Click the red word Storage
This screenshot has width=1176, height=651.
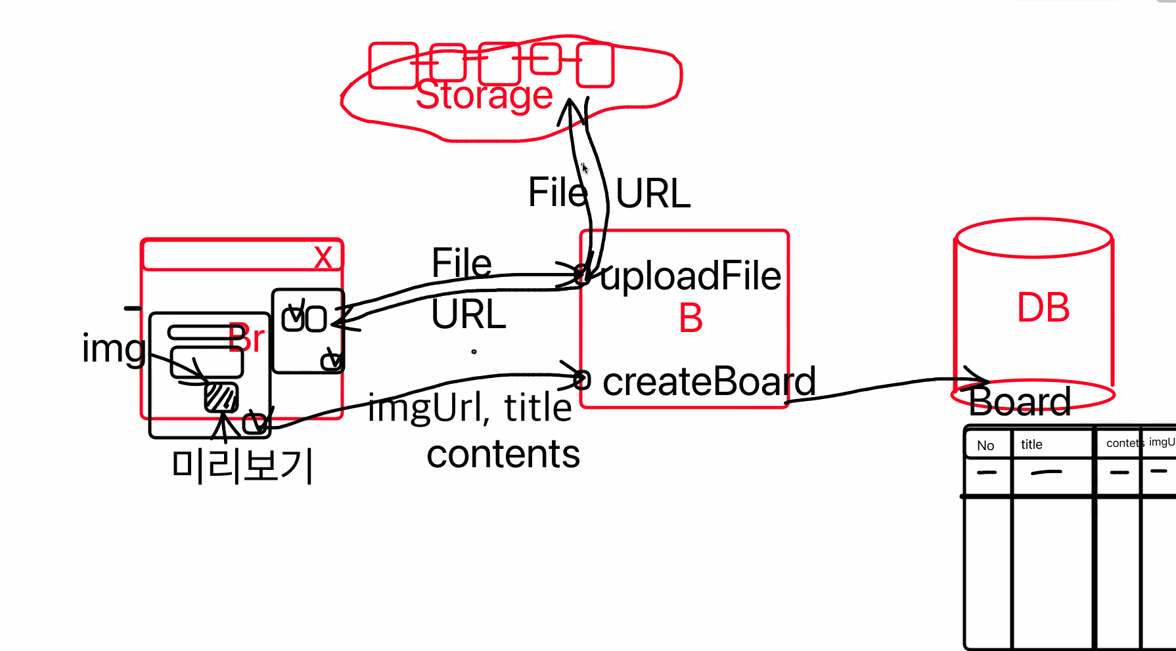484,96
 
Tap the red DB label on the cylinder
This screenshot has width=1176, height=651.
1043,307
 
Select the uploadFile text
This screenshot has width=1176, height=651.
690,276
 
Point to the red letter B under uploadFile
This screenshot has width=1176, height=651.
690,319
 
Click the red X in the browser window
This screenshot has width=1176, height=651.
323,257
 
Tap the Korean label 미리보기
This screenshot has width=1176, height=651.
242,465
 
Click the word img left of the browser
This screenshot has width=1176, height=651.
113,348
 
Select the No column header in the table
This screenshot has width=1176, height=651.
985,446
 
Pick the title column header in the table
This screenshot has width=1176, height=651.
1031,444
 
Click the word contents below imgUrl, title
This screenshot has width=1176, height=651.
503,454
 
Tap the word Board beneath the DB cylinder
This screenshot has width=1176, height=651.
1019,402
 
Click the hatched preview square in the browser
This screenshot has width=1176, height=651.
221,397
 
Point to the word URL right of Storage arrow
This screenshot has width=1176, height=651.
652,194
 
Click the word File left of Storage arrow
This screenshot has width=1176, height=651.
557,192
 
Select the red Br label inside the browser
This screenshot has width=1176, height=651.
246,339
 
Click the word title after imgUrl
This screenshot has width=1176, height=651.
537,408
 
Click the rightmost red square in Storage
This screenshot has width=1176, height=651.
595,65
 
